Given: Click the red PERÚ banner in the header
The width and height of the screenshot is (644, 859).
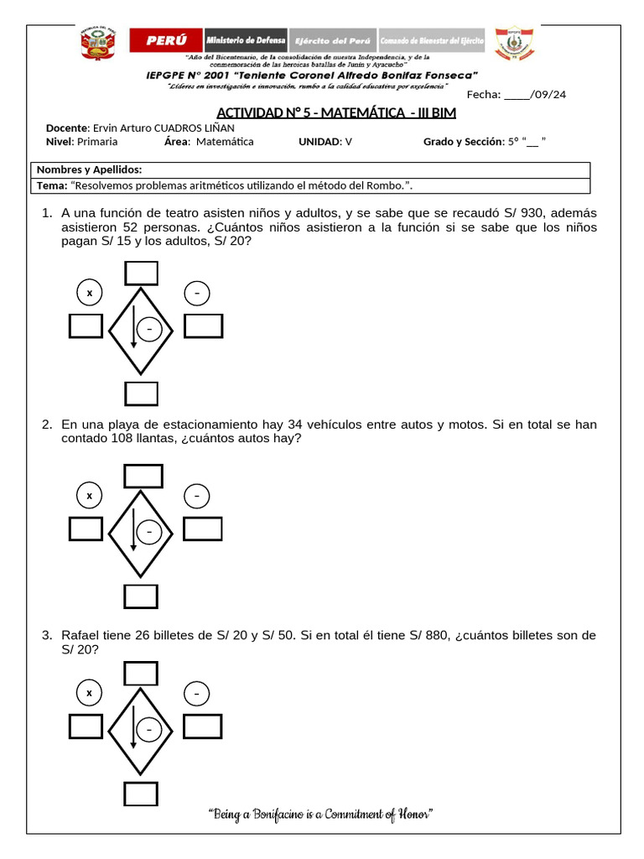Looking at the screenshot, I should click(x=166, y=40).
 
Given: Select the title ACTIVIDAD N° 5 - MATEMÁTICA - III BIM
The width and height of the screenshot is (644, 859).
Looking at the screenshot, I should click(x=336, y=113).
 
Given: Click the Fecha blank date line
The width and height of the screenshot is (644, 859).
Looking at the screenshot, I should click(x=517, y=95).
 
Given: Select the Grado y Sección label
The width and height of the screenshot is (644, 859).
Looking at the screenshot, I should click(x=462, y=142).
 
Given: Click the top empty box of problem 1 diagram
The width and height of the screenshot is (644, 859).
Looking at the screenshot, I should click(x=141, y=273).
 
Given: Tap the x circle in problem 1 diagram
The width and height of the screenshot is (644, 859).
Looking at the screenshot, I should click(x=89, y=293).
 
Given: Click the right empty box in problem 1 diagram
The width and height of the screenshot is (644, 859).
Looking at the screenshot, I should click(x=203, y=325).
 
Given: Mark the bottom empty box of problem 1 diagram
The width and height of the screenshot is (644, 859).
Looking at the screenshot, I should click(x=141, y=393).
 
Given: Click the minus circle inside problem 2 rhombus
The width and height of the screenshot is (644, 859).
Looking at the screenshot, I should click(x=149, y=532).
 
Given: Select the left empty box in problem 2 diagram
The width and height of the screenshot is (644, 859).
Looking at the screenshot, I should click(x=86, y=529).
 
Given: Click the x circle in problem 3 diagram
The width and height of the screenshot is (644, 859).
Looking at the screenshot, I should click(x=89, y=693).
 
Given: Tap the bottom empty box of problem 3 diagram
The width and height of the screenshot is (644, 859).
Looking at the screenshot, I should click(x=141, y=794).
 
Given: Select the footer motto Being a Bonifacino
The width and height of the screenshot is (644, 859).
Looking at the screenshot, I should click(x=319, y=814).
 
